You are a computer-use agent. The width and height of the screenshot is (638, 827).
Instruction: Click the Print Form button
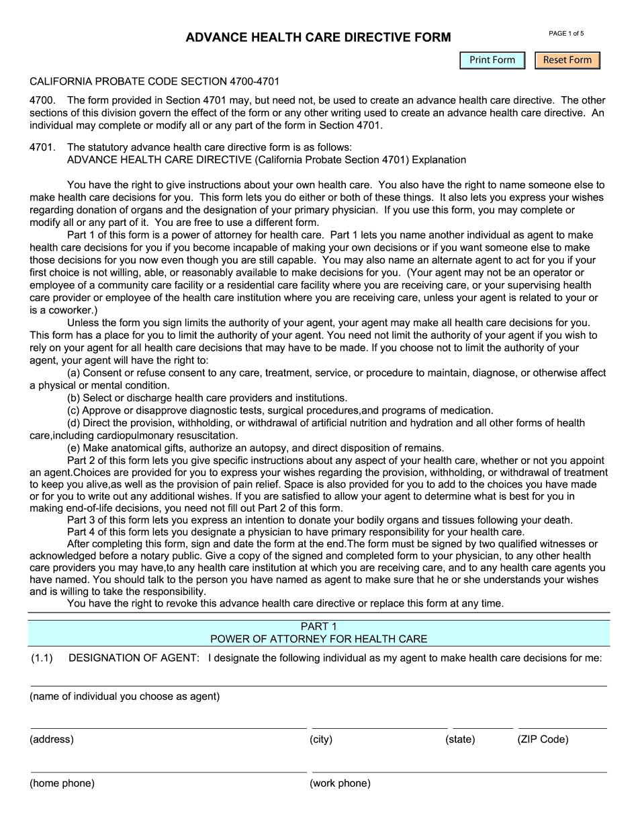492,60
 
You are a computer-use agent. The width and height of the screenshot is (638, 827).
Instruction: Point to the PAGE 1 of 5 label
566,33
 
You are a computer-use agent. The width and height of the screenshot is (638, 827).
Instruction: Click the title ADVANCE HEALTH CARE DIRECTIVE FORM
318,38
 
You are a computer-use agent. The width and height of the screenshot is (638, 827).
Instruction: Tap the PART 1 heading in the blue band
318,627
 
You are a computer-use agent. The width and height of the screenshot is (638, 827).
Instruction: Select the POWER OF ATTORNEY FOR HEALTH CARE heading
318,639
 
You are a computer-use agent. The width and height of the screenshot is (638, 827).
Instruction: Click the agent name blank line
318,681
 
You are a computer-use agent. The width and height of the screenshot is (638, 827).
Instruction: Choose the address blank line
168,724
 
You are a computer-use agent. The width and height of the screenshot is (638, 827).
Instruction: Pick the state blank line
482,724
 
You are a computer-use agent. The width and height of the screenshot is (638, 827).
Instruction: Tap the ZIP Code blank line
562,724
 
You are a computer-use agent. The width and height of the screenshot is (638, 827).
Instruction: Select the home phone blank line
168,768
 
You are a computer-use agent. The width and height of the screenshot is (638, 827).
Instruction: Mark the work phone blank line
459,768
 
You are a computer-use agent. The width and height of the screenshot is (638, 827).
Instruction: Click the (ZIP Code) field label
542,740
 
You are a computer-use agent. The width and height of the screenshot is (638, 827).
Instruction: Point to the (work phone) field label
340,783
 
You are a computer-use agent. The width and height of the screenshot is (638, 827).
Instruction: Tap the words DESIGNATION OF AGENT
134,658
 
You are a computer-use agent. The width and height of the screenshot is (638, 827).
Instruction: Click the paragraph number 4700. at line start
42,101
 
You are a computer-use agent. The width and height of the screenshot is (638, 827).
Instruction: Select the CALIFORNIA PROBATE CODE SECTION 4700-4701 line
154,81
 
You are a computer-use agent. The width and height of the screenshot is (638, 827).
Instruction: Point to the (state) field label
460,740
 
